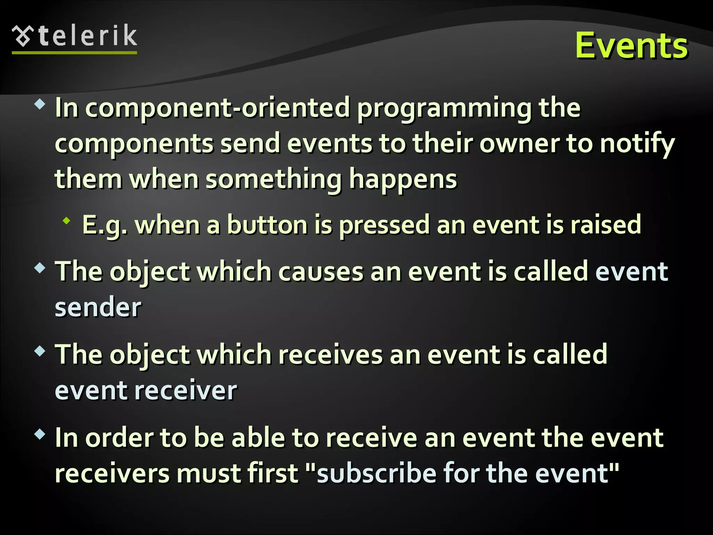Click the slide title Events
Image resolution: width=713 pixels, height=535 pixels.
point(631,46)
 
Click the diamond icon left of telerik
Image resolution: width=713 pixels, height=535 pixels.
point(23,36)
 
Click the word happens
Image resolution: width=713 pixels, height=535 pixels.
point(403,180)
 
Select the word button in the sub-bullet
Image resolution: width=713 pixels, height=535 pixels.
point(267,225)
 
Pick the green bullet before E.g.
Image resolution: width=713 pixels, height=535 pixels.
point(66,221)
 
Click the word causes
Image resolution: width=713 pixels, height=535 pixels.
point(321,272)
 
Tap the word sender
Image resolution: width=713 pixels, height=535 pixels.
point(98,308)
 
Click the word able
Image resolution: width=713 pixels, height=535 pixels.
point(258,438)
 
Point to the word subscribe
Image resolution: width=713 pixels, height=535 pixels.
point(376,474)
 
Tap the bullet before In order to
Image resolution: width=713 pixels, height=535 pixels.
point(40,434)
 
